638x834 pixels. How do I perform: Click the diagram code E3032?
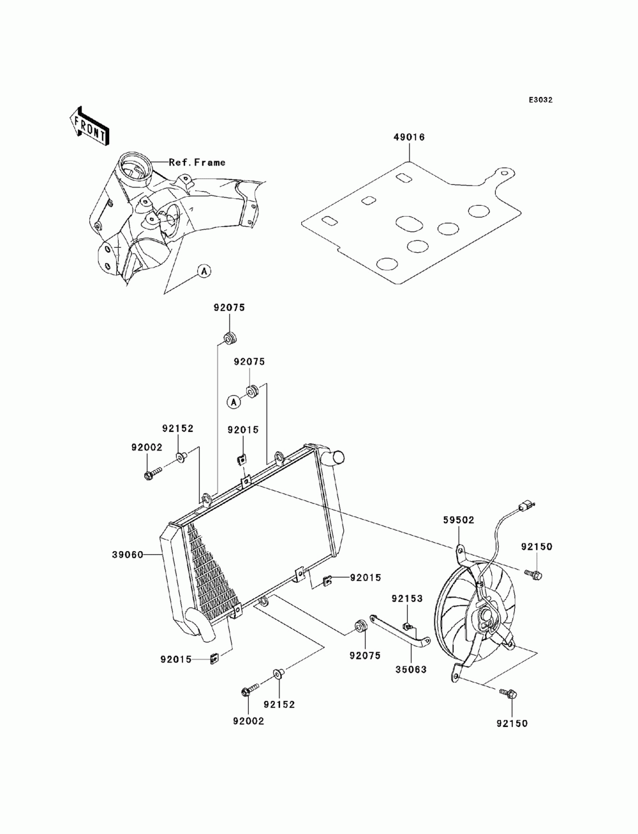(x=540, y=100)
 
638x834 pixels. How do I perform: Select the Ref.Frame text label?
(x=197, y=162)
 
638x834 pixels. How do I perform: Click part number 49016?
(x=408, y=137)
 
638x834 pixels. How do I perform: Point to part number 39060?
(x=128, y=555)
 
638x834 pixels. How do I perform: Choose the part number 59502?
(x=459, y=520)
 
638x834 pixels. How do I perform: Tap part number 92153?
(x=407, y=598)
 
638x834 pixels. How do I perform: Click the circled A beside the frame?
(x=204, y=271)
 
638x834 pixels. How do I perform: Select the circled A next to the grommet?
(x=234, y=401)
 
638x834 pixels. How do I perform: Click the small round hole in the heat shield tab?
(x=504, y=173)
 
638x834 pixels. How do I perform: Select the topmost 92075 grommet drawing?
(x=230, y=338)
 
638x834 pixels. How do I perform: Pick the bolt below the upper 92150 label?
(x=533, y=573)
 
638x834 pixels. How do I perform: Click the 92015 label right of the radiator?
(x=365, y=577)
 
